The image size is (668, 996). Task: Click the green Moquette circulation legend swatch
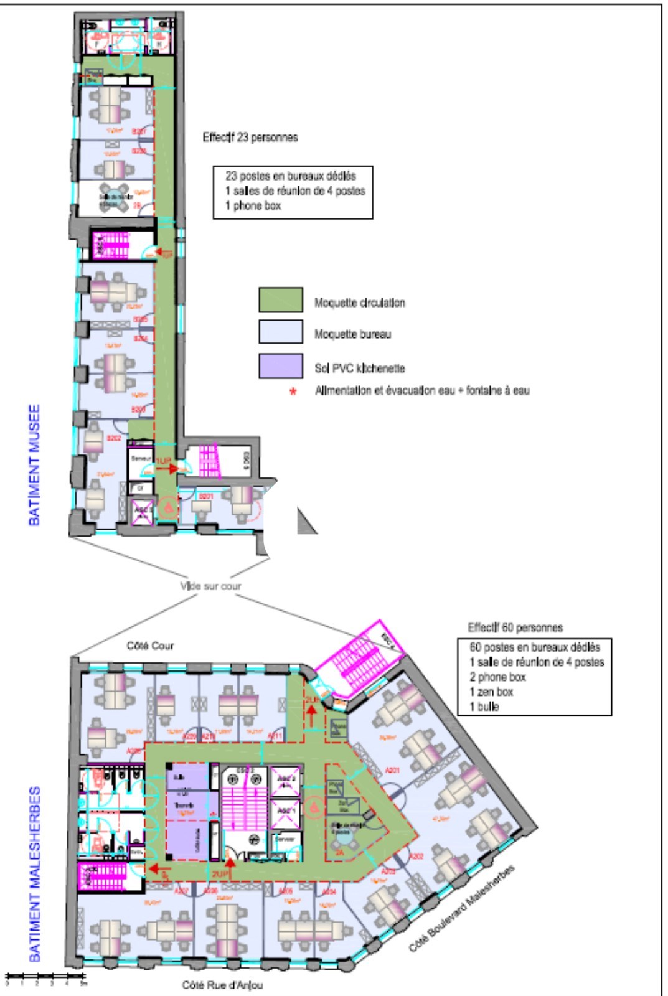pos(281,299)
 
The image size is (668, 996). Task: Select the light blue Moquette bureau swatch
pos(281,332)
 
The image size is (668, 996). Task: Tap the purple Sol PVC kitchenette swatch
pos(281,366)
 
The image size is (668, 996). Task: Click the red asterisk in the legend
pos(293,392)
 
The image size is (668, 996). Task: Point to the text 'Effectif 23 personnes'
pos(250,137)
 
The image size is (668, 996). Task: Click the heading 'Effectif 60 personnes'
pos(515,627)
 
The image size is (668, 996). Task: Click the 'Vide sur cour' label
pos(210,586)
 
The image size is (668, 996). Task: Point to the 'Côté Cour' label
pos(150,646)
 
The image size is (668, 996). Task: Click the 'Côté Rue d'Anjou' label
pos(222,985)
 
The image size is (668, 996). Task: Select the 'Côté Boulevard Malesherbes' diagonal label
pos(462,909)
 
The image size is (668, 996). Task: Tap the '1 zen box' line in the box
pos(491,692)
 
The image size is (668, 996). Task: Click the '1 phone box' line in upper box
pos(253,206)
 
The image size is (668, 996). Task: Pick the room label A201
pos(392,771)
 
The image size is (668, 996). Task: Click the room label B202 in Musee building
pos(114,438)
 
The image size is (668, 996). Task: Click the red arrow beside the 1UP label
pos(169,468)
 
